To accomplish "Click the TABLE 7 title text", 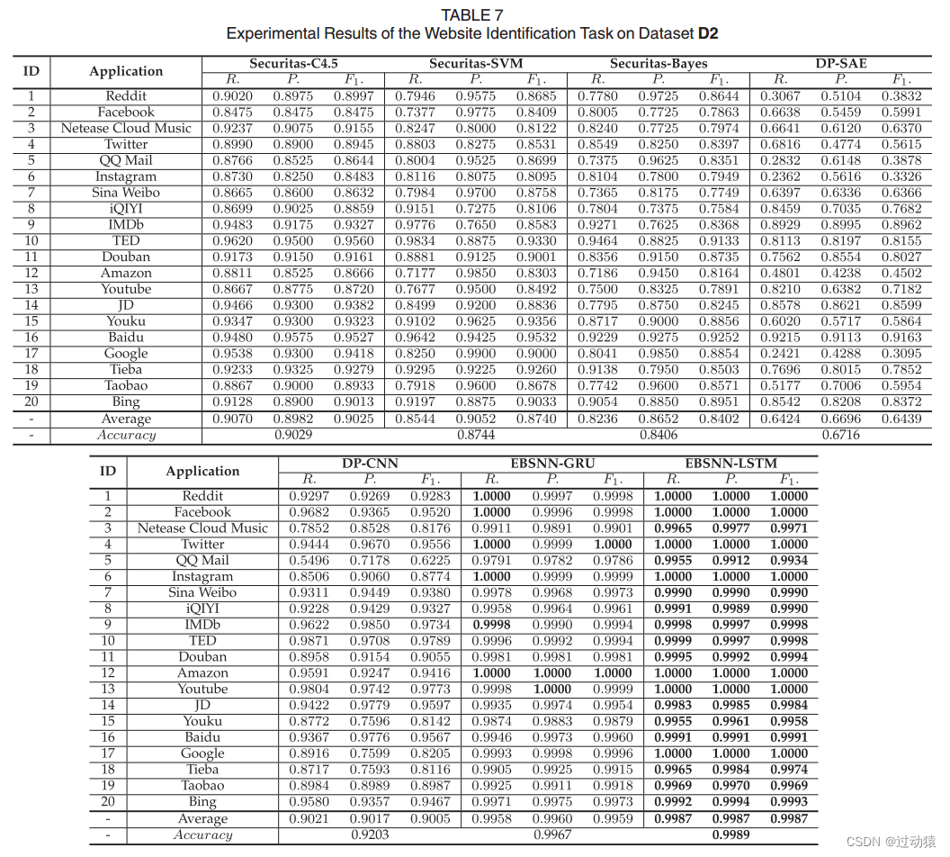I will click(472, 14).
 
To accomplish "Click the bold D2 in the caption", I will click(708, 34).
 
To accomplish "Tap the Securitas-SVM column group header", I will click(476, 64).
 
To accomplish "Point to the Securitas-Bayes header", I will click(659, 64).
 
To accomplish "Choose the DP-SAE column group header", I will click(841, 64).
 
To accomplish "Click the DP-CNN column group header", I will click(370, 464).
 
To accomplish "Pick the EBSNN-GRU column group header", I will click(552, 464).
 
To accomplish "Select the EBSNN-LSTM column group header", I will click(730, 464).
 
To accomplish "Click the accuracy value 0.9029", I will click(292, 435).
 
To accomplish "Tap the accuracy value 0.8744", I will click(476, 435).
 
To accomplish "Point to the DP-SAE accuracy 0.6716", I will click(841, 435).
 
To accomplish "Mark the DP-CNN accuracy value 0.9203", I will click(370, 834).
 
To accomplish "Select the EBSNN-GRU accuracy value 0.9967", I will click(552, 834).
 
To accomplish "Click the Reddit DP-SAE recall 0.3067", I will click(780, 96).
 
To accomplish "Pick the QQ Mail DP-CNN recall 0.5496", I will click(309, 560).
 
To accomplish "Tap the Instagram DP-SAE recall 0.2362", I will click(780, 176).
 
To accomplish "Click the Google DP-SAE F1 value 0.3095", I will click(901, 354).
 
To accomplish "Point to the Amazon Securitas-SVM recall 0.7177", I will click(415, 273).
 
